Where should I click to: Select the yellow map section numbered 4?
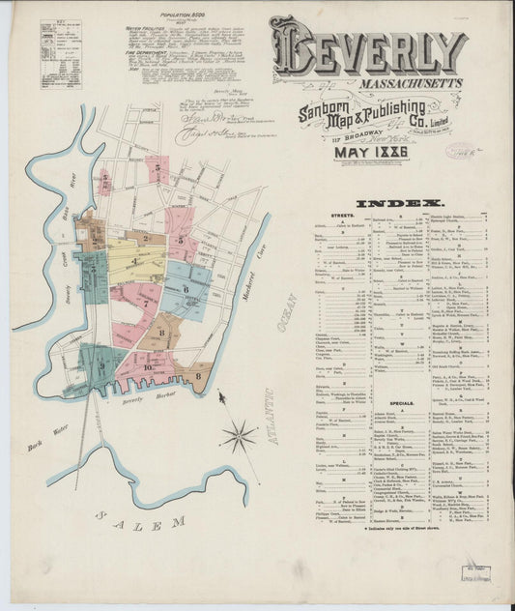click(135, 261)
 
